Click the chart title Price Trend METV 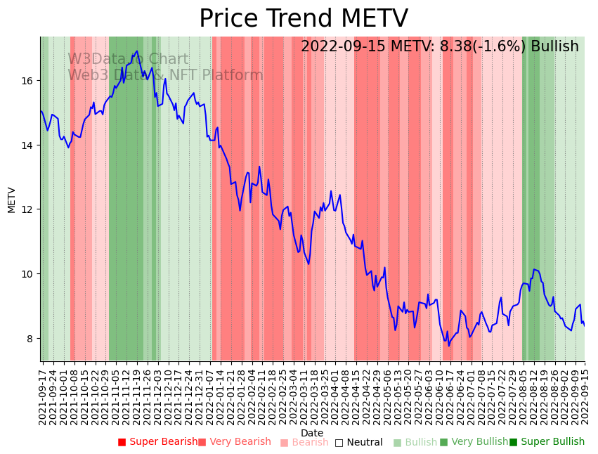coord(303,19)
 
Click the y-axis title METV coord(12,200)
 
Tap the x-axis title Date coord(312,433)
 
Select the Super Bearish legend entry coord(158,442)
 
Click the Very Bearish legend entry coord(234,442)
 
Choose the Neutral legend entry coord(358,442)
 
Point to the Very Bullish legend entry coord(474,442)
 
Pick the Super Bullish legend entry coord(547,442)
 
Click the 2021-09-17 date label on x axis coord(43,396)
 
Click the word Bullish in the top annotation coord(554,46)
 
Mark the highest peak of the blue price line coord(137,51)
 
